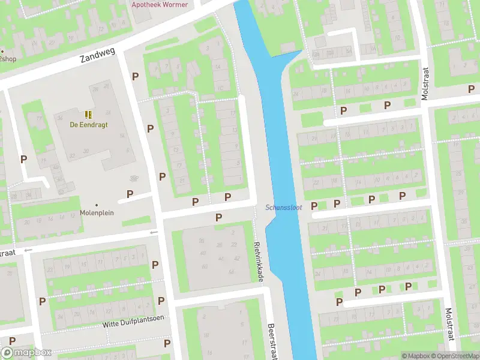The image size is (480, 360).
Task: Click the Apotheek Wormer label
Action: (160, 5)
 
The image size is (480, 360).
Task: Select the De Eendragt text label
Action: (88, 125)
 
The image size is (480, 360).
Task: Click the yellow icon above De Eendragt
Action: (88, 114)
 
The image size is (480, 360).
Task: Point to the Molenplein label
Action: (97, 212)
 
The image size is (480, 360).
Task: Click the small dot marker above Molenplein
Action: (97, 205)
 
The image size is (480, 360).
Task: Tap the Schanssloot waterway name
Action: (284, 208)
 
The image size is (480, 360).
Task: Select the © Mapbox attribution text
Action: (416, 356)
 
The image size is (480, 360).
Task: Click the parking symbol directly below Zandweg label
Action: (136, 76)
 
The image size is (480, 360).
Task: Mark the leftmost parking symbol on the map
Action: (24, 159)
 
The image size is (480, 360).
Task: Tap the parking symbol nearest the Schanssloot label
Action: (314, 206)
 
